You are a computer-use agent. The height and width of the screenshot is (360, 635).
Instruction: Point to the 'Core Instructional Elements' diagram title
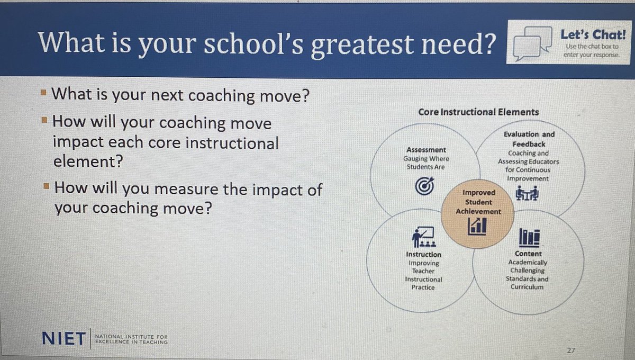(x=478, y=112)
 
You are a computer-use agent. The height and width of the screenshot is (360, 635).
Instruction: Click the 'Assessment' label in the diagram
(x=426, y=150)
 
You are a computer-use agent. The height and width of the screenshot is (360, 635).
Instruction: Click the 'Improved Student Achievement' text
(x=478, y=202)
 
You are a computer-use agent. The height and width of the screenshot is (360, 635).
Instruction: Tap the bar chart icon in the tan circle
(x=477, y=227)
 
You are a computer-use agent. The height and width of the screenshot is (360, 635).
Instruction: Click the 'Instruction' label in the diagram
(x=423, y=255)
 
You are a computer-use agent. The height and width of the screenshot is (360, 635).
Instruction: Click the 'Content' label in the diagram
(x=528, y=254)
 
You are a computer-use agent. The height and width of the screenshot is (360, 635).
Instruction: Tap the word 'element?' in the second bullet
(x=87, y=161)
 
